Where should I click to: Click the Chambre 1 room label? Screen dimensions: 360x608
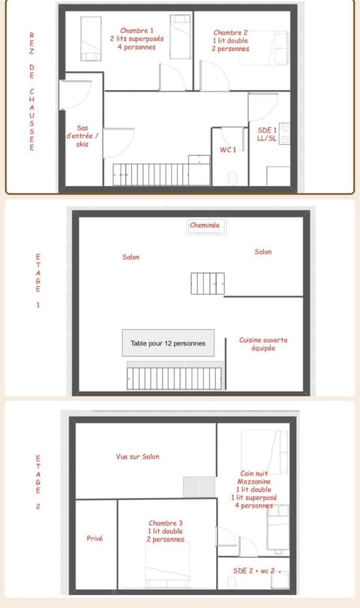click(x=136, y=39)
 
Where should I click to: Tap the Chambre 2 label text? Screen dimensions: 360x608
click(x=230, y=40)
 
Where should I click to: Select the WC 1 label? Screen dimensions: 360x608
click(x=228, y=150)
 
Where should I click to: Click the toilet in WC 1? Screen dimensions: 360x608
click(x=232, y=179)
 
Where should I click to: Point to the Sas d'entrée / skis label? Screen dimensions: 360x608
click(x=82, y=136)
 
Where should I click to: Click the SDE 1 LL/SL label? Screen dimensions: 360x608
click(x=267, y=134)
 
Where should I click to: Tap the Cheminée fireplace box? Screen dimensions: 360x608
click(x=206, y=227)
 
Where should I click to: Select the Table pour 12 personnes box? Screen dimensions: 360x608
click(x=168, y=343)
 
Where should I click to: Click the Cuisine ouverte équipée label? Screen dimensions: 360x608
click(x=263, y=344)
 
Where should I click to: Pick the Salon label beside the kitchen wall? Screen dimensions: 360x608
click(x=263, y=252)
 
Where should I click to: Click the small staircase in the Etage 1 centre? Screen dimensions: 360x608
click(x=208, y=283)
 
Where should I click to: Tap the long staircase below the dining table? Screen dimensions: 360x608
click(x=175, y=378)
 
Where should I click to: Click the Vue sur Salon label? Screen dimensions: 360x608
click(x=138, y=457)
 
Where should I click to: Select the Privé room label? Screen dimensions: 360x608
click(x=94, y=538)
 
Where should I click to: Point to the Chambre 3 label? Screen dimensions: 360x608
click(x=165, y=532)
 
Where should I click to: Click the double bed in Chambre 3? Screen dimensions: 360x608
click(x=167, y=565)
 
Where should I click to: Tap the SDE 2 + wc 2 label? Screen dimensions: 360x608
click(x=254, y=571)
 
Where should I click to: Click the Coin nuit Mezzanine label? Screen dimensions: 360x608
click(x=253, y=490)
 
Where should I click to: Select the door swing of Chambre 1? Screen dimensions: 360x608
click(x=172, y=76)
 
